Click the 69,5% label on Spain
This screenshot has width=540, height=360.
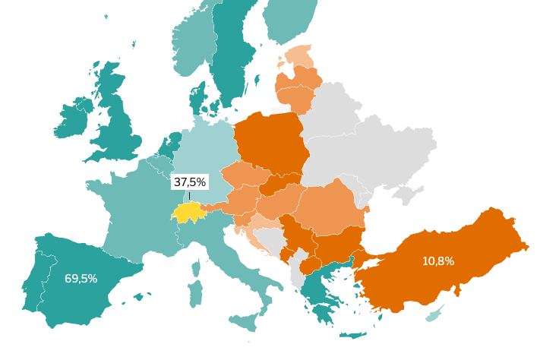point(81,279)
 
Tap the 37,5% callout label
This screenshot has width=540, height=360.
point(190,182)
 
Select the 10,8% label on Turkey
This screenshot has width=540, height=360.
point(438,261)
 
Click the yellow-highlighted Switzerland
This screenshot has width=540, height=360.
point(188,213)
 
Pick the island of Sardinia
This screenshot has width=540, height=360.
point(195,293)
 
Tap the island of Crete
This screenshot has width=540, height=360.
point(352,335)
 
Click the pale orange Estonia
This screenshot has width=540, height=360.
point(302,56)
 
